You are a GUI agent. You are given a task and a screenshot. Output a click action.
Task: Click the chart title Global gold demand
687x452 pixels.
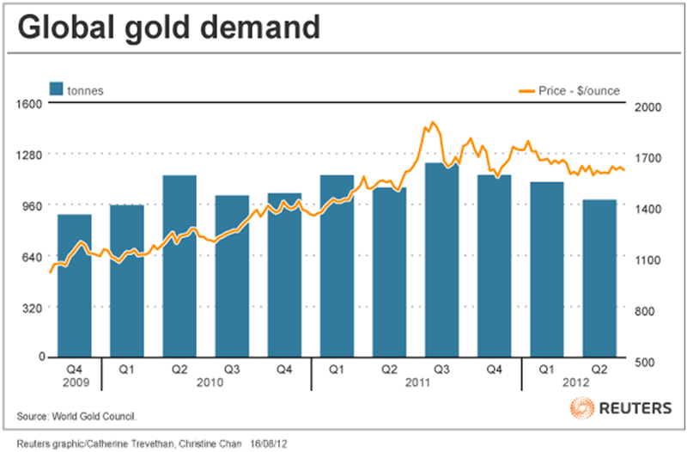169,28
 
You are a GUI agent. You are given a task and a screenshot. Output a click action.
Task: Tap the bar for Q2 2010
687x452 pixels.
179,266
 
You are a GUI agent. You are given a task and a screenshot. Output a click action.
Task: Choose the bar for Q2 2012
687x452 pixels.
599,278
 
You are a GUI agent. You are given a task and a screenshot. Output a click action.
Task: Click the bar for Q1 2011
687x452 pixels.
337,266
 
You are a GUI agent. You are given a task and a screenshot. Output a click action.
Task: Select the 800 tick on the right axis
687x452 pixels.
646,311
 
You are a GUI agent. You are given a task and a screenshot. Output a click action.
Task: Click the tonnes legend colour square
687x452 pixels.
57,89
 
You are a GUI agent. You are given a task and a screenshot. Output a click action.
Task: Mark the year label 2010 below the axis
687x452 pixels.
206,382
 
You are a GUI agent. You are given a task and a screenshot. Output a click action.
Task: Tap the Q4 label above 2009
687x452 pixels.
74,370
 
